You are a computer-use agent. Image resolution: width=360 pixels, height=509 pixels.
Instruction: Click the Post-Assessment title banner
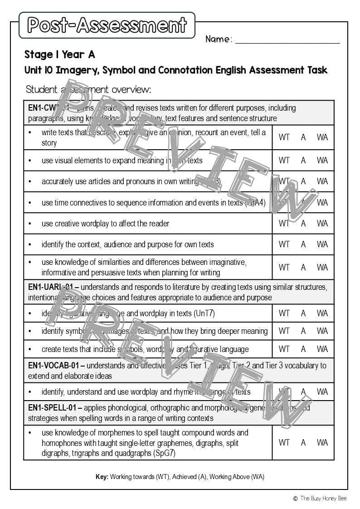tap(107, 25)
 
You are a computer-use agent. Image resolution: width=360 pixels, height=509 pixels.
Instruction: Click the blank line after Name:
tap(287, 40)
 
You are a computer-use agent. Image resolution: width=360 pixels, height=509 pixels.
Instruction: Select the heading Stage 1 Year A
tap(59, 55)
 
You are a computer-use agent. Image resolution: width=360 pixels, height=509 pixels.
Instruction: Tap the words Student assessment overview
tap(88, 89)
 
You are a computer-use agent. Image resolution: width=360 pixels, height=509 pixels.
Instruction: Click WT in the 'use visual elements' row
tap(284, 160)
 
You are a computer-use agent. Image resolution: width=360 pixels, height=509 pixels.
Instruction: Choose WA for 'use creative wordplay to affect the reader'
tap(322, 223)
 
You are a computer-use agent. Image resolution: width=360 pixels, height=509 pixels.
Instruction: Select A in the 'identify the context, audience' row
tap(303, 244)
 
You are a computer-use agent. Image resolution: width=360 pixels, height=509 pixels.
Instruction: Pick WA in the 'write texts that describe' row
tap(322, 137)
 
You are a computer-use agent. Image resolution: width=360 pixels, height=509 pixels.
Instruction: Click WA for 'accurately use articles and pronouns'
tap(322, 181)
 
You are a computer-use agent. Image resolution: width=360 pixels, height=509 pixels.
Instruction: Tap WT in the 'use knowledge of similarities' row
tap(284, 267)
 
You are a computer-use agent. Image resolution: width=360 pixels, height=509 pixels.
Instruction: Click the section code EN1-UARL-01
tap(50, 287)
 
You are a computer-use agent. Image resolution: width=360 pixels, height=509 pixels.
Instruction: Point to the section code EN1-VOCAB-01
tap(53, 365)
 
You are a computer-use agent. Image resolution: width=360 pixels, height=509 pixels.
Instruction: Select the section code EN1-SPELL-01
tap(51, 408)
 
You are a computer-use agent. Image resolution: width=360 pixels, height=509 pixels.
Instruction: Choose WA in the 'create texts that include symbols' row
tap(322, 349)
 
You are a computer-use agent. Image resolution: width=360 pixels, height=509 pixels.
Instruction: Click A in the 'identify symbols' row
tap(303, 331)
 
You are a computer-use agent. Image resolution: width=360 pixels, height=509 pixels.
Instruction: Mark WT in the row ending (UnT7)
tap(284, 313)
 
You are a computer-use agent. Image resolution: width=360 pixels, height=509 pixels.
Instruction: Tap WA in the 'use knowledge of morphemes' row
tap(322, 442)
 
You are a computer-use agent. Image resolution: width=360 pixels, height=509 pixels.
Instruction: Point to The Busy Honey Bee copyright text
tap(323, 498)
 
